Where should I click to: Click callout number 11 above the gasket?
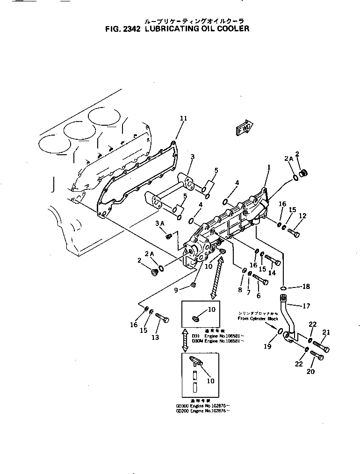tap(183, 119)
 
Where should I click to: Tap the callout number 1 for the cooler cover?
tap(269, 167)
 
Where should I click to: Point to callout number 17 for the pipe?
tap(307, 307)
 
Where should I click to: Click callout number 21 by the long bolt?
tap(326, 332)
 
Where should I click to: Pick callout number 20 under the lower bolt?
tap(311, 372)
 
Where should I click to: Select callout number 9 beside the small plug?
tap(176, 290)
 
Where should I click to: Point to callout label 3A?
tap(160, 224)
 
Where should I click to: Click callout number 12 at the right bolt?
tap(303, 216)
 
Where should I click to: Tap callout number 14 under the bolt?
tap(272, 273)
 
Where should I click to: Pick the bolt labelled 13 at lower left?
tap(162, 319)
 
